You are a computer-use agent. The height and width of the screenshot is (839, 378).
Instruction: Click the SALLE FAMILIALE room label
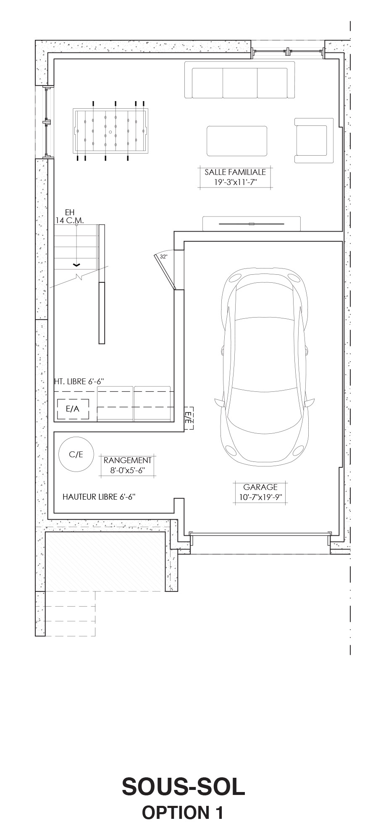[235, 172]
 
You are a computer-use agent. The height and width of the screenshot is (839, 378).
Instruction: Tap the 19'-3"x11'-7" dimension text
[235, 182]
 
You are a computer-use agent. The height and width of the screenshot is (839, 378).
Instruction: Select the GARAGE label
[260, 487]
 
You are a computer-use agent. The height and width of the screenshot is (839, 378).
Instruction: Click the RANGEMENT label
[128, 460]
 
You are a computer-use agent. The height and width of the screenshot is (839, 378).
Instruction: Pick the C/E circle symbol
[76, 454]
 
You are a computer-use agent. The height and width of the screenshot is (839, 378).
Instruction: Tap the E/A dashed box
[73, 409]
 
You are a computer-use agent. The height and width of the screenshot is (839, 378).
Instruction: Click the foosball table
[110, 131]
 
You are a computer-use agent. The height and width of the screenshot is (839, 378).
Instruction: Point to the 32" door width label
[163, 256]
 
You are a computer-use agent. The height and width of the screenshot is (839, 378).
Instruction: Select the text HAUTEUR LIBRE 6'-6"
[99, 497]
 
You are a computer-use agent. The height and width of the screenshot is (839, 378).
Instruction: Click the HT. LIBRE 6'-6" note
[79, 382]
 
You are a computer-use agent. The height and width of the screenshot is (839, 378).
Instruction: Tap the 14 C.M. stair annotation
[70, 220]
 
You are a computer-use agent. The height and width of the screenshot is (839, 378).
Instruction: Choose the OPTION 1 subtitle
[183, 812]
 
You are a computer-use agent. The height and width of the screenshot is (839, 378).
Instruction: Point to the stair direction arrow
[76, 265]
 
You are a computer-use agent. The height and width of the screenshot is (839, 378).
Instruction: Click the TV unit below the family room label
[251, 224]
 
